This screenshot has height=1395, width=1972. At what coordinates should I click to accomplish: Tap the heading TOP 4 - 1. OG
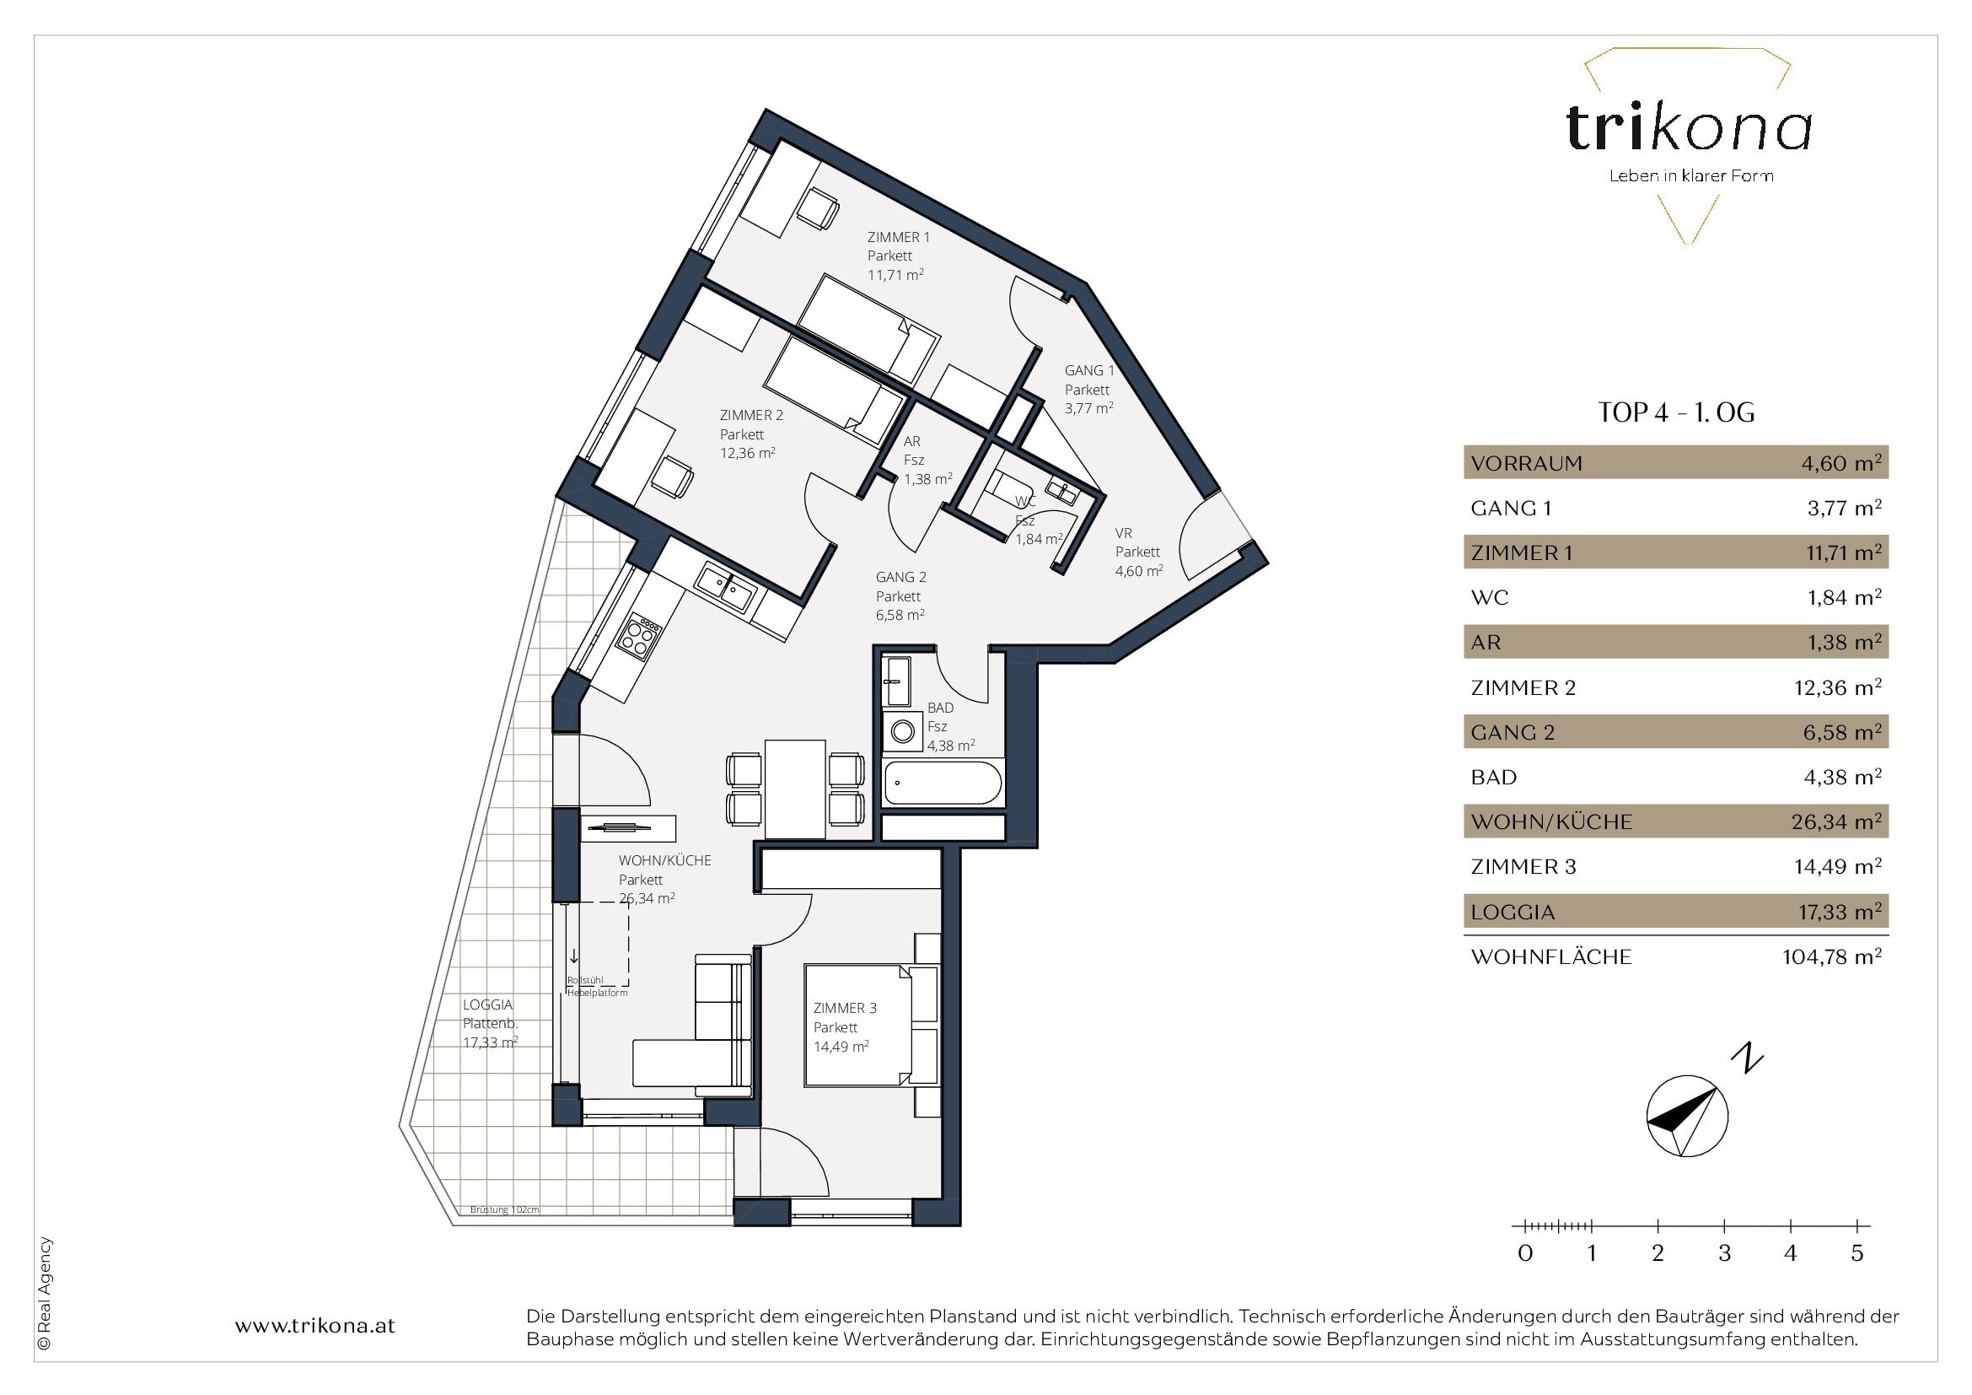1676,413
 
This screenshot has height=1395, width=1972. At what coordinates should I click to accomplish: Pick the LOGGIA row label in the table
1513,912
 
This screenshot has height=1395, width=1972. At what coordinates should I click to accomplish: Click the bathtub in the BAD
943,783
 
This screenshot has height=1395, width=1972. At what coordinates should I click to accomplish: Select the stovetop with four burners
637,636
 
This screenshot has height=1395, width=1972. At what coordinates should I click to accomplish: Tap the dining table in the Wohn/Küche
794,789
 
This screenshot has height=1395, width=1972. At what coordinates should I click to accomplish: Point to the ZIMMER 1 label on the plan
899,237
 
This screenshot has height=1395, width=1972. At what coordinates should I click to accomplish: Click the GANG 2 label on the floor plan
901,577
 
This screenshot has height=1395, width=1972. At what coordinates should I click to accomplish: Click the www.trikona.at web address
315,1326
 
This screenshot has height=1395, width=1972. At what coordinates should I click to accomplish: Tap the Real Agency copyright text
45,1295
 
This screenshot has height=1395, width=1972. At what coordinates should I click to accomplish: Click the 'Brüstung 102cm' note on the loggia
505,1209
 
